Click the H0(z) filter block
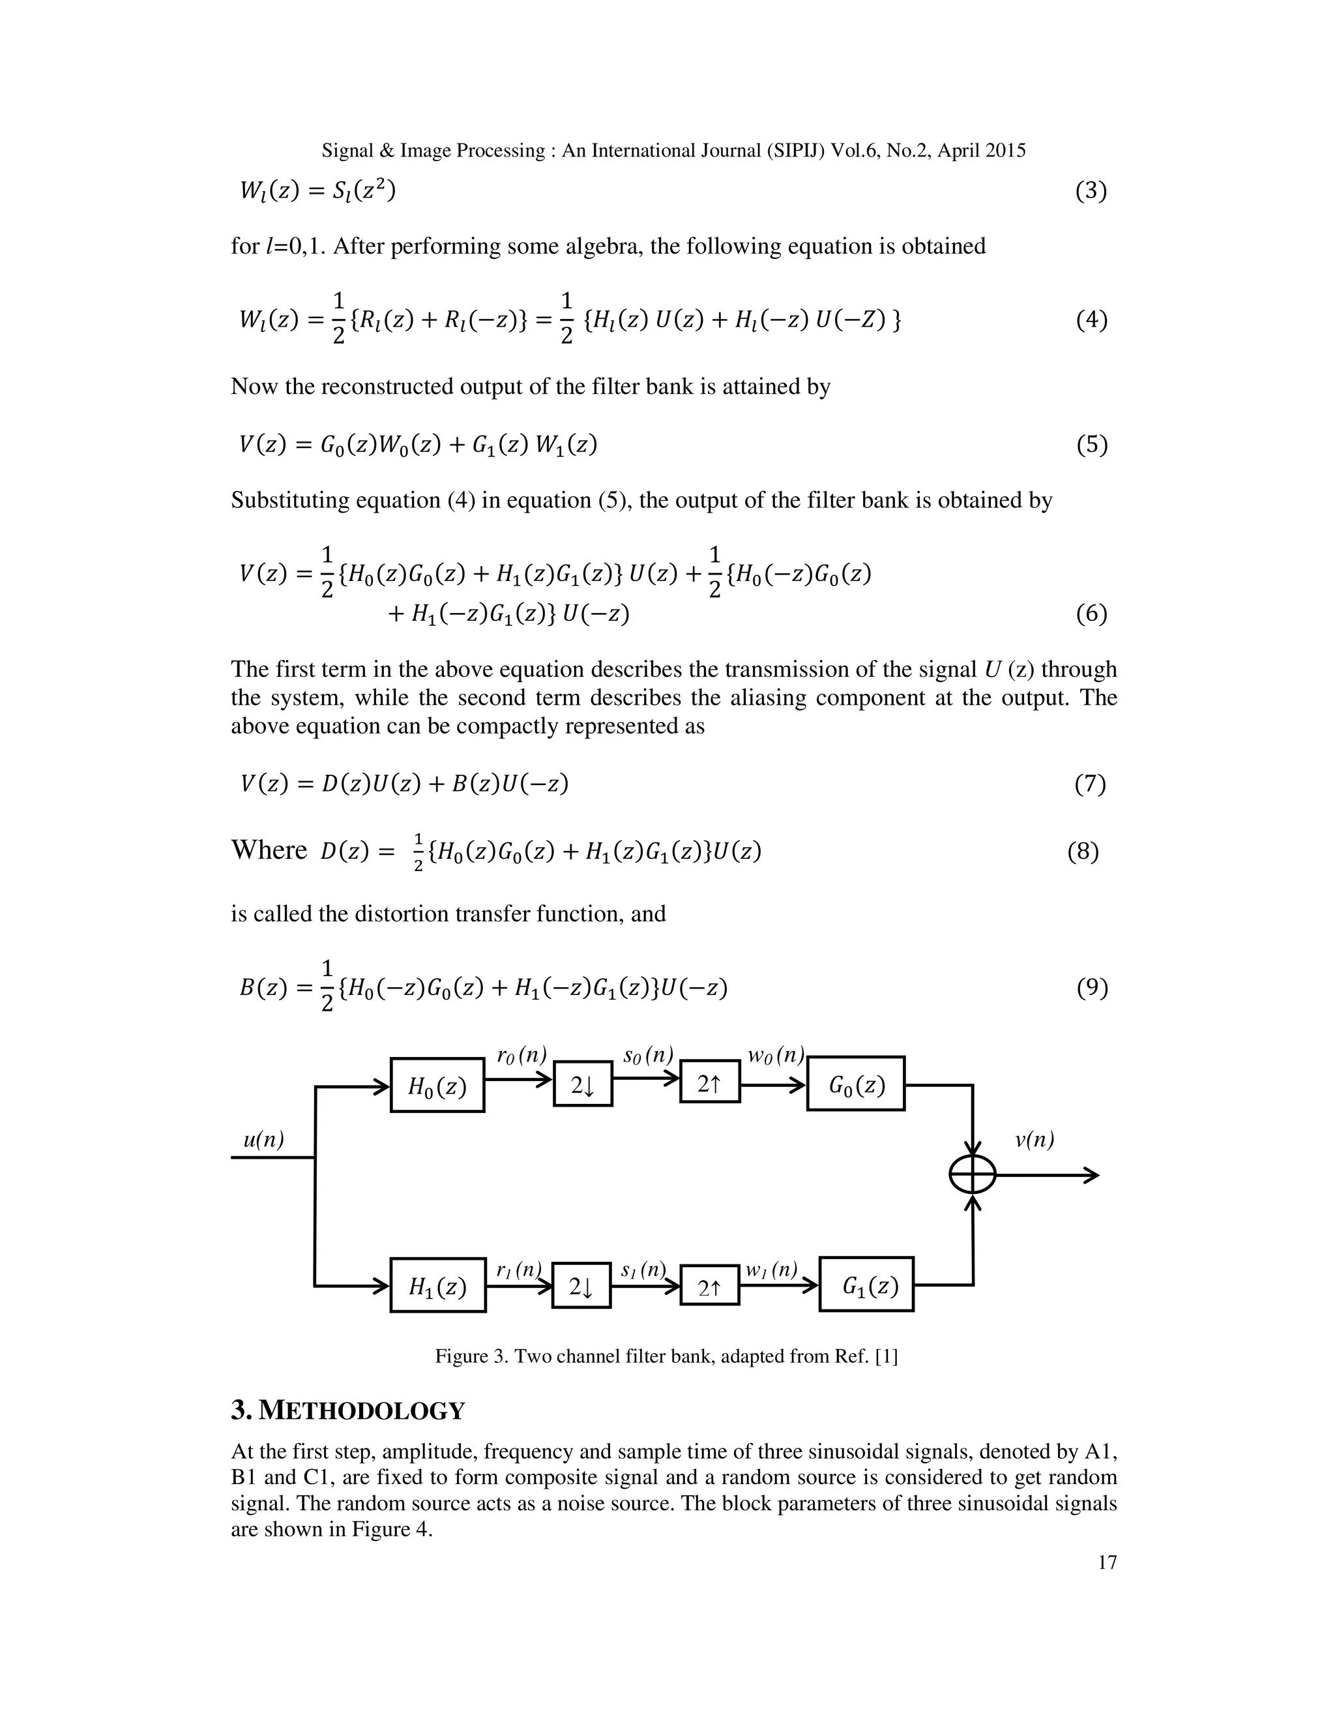coord(437,1085)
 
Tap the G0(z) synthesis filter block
coord(856,1083)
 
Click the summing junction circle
coord(972,1175)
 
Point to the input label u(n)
coord(263,1140)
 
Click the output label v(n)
coord(1034,1140)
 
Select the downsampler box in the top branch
coord(583,1084)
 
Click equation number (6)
coord(1091,614)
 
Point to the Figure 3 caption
coord(667,1356)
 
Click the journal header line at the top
coord(674,151)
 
